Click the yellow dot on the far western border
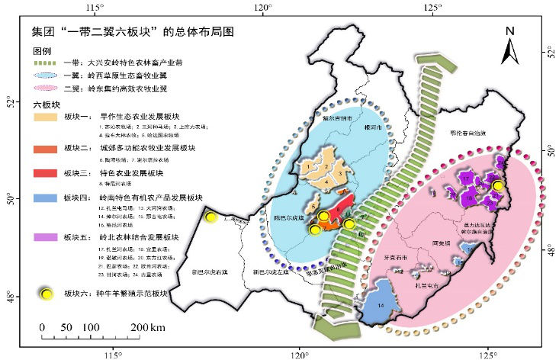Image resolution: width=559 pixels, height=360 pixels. (x=211, y=217)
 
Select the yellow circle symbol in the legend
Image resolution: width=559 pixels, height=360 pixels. (x=47, y=293)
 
